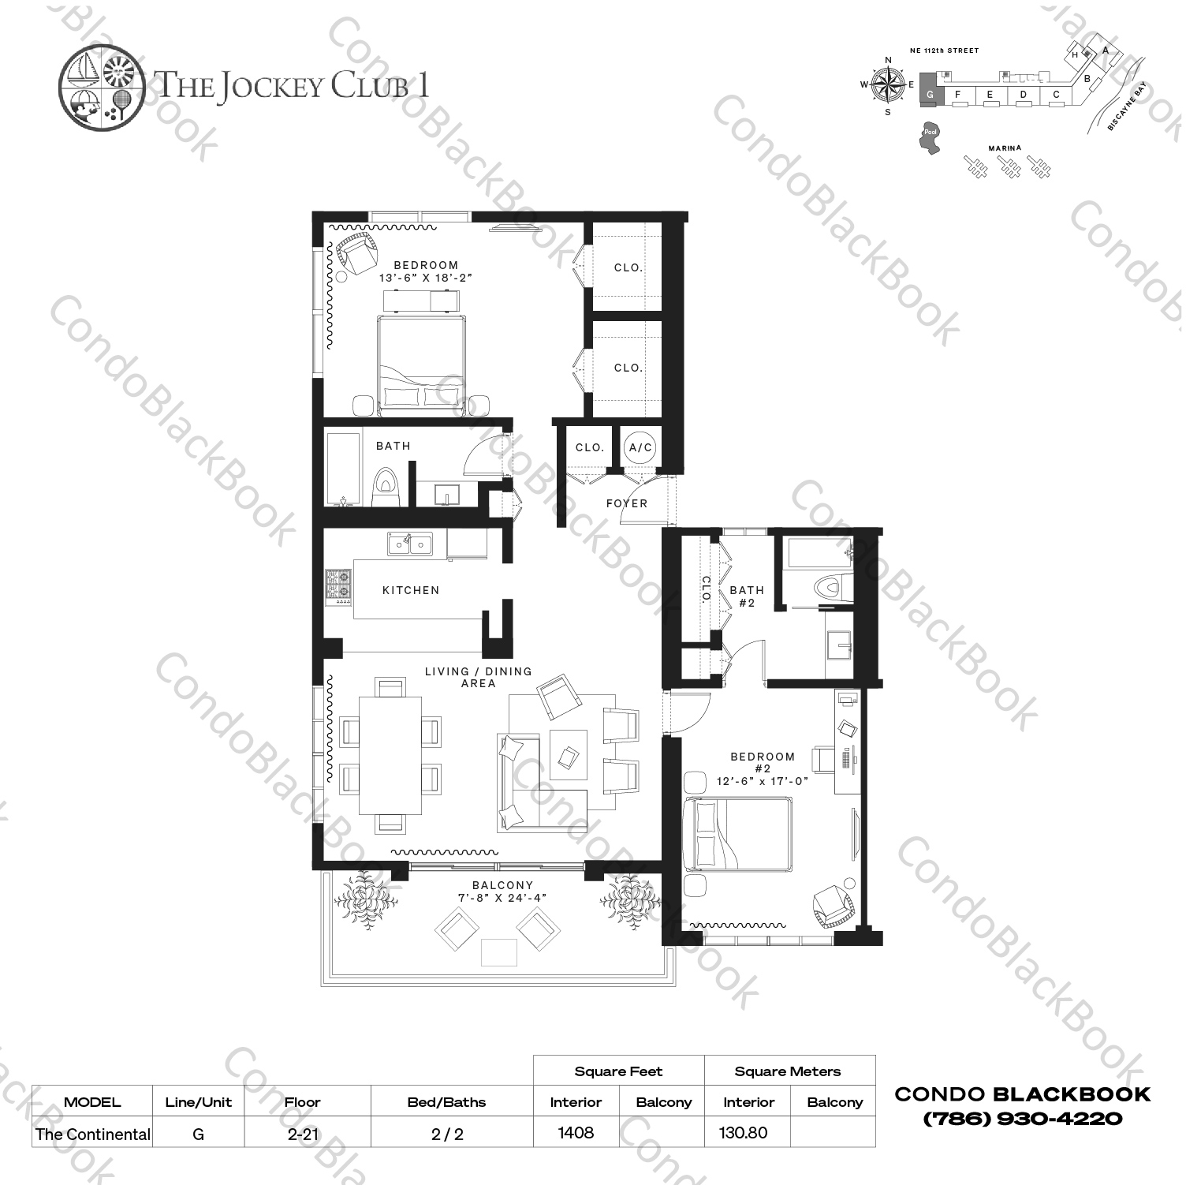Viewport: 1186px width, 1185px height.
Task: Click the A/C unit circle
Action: click(640, 447)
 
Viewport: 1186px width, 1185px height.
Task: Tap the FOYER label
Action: click(626, 503)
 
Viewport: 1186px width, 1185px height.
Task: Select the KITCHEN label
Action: click(411, 590)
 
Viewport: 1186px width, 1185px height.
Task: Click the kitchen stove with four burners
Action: click(339, 588)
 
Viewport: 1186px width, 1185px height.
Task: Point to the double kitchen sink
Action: click(409, 544)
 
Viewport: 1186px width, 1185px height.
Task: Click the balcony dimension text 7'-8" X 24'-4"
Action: click(502, 898)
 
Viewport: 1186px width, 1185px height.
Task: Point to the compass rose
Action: click(889, 85)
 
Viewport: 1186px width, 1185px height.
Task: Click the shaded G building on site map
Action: click(931, 94)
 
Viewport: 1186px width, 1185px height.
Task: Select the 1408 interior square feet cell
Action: click(576, 1132)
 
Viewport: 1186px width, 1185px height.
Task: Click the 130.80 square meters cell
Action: click(743, 1132)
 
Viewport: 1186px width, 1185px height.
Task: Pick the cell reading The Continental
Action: click(93, 1134)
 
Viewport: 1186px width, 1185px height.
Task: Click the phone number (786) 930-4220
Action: click(1022, 1118)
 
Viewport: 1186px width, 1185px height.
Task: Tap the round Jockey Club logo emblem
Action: click(101, 84)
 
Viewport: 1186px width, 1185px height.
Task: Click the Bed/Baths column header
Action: click(446, 1102)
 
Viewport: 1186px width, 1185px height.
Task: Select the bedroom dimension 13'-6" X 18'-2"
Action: click(426, 278)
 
